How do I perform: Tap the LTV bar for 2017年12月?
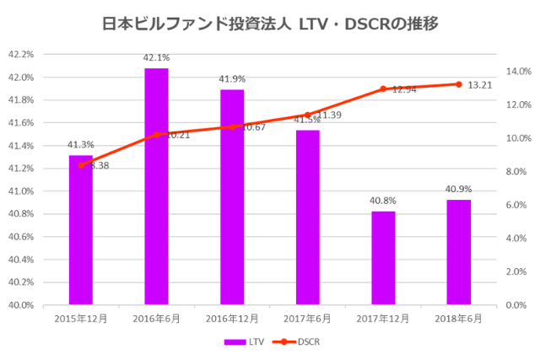pos(383,257)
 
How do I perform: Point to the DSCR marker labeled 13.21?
pos(459,84)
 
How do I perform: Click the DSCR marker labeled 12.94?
pos(383,89)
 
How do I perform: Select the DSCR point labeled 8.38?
pos(81,165)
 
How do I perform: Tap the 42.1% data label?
pos(156,58)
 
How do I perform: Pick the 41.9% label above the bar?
pos(232,79)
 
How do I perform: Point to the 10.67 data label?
pos(253,127)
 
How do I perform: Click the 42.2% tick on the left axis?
pos(20,55)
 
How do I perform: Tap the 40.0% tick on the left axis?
pos(20,305)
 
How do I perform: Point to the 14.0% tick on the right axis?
pos(516,72)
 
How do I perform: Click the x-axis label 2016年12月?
pos(232,319)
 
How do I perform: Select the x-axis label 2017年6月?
pos(308,319)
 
